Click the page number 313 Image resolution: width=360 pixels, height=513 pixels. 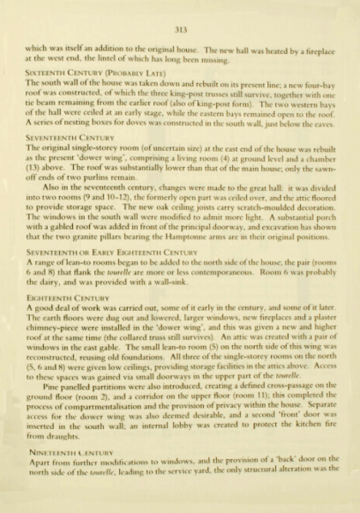[179, 30]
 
